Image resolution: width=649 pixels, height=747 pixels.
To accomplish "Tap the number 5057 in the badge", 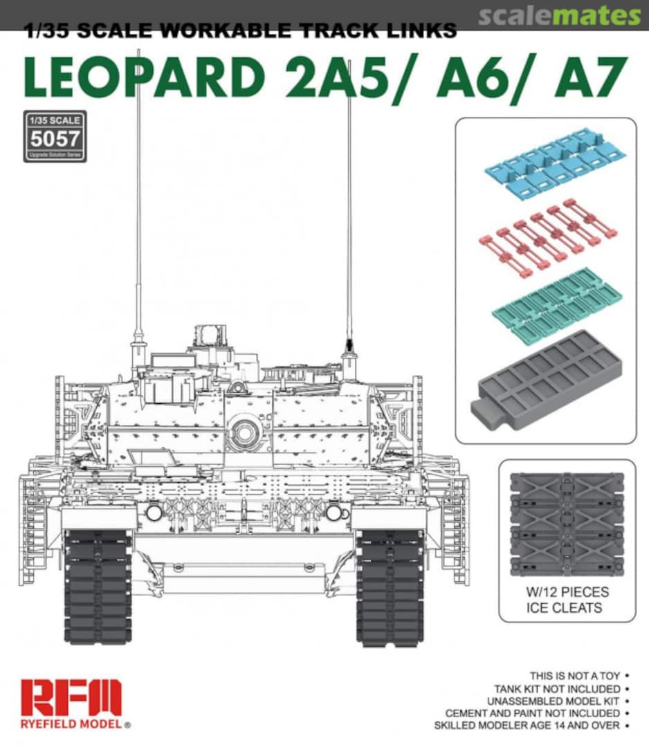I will pyautogui.click(x=55, y=139).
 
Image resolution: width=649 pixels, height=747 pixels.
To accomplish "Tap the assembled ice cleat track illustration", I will pyautogui.click(x=567, y=524).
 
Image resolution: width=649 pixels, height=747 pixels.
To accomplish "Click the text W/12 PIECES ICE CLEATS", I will pyautogui.click(x=567, y=600).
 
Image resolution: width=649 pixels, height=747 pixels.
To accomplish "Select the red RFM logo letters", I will pyautogui.click(x=71, y=697).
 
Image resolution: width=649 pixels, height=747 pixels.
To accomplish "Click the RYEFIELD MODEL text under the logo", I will pyautogui.click(x=71, y=724).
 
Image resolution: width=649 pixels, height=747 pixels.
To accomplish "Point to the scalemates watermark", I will pyautogui.click(x=559, y=16).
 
